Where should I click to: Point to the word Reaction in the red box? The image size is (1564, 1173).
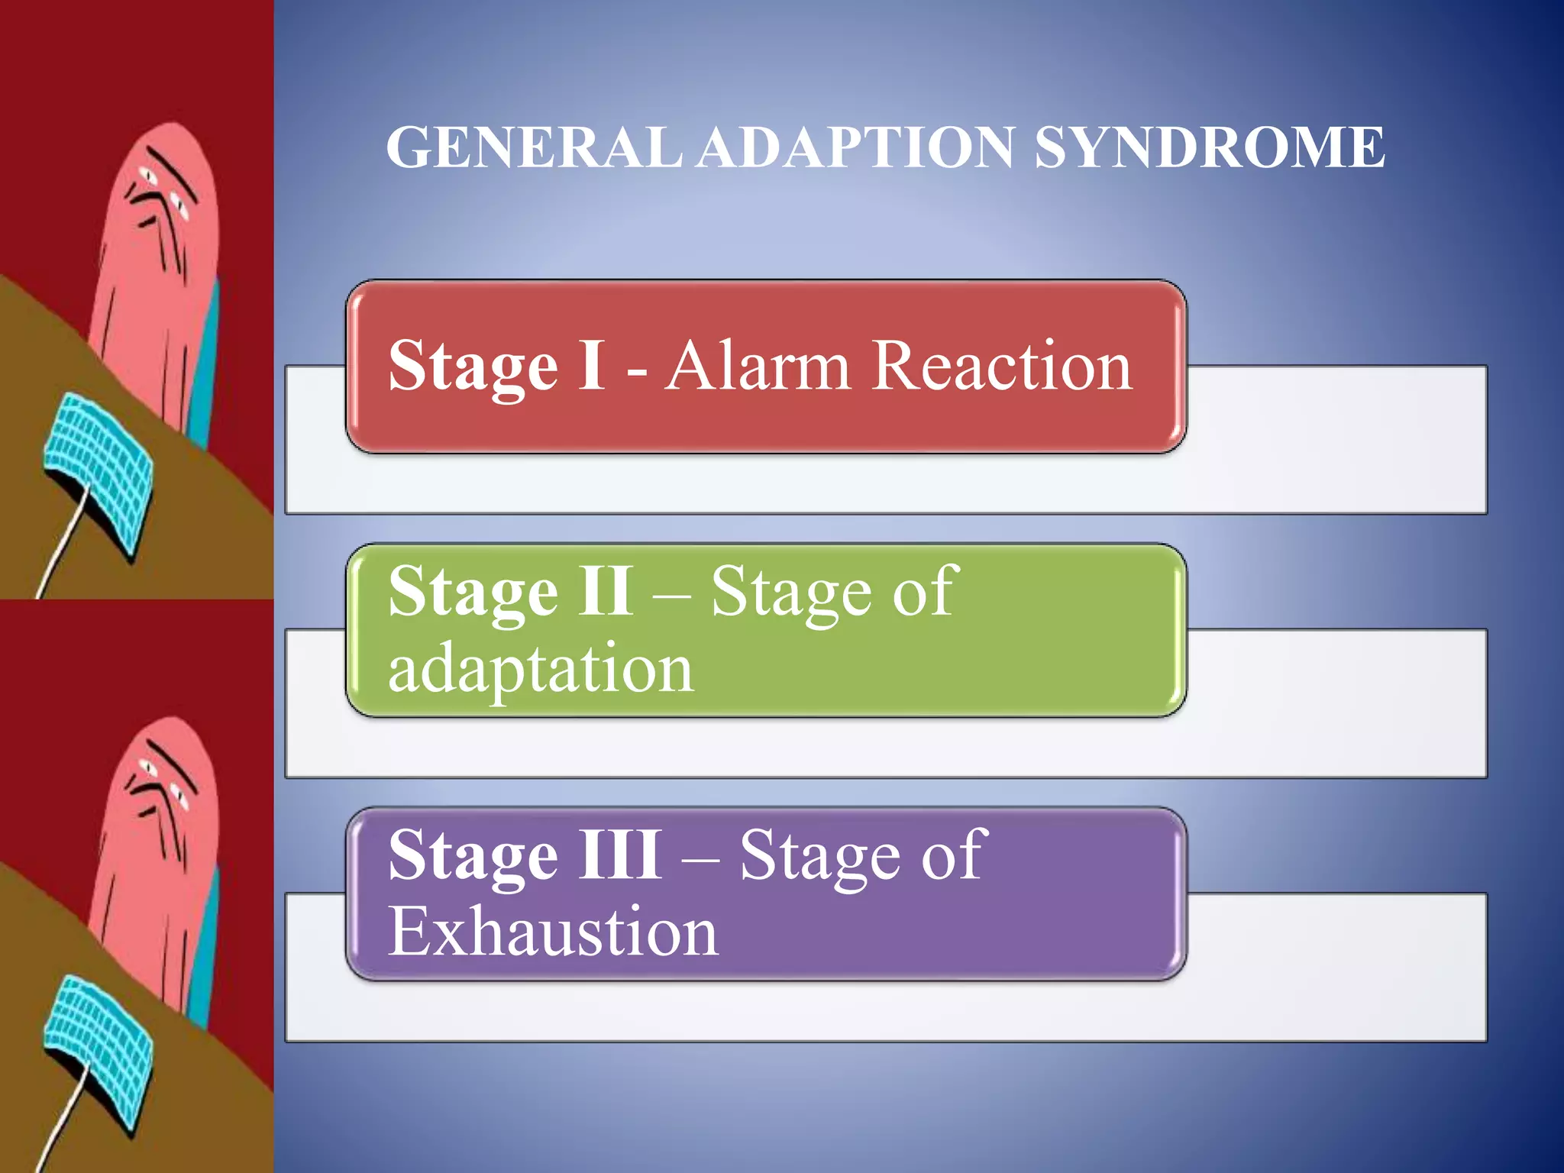(x=1001, y=367)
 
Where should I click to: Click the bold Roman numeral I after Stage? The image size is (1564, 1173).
(x=592, y=367)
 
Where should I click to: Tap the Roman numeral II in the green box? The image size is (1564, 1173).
(x=605, y=591)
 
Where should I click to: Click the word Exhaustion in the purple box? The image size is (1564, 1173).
(x=553, y=932)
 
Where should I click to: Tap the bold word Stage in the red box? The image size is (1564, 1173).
(x=473, y=367)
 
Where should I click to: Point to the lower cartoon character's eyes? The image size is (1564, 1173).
(x=163, y=783)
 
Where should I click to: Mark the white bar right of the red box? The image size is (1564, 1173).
(x=1336, y=439)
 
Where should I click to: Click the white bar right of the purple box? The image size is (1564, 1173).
(x=1336, y=966)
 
